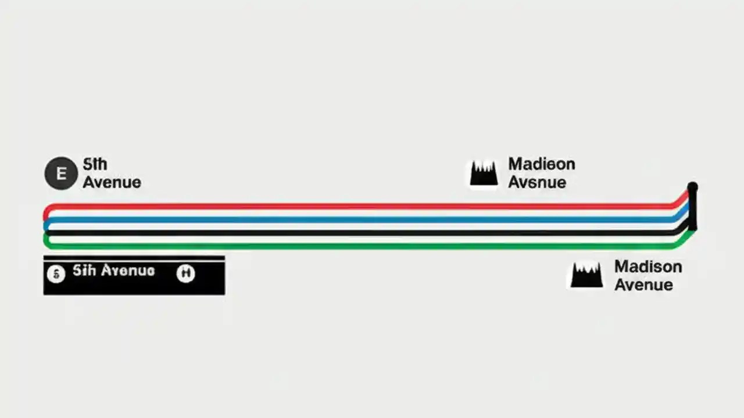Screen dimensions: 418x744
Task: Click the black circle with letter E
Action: [61, 173]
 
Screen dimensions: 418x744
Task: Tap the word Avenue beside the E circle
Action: [112, 182]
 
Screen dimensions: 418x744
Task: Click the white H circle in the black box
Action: [185, 273]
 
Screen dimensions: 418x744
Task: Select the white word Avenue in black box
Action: [128, 271]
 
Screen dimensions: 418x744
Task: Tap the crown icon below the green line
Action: [586, 275]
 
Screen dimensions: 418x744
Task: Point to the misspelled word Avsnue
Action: [537, 182]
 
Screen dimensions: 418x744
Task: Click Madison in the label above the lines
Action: [542, 164]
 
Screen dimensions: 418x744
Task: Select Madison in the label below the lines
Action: [648, 267]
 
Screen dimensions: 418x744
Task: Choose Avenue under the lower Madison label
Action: [643, 285]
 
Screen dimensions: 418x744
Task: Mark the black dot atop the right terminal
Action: [692, 187]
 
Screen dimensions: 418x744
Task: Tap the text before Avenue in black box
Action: [84, 271]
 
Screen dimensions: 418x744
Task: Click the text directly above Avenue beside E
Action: [95, 164]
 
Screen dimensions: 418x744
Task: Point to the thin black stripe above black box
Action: [134, 258]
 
